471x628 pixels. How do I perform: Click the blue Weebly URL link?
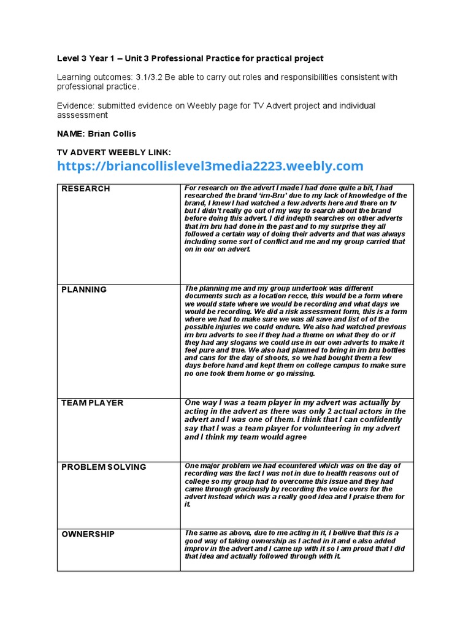(210, 166)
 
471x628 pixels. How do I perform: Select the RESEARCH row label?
(86, 189)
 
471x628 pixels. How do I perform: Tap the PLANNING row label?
(84, 289)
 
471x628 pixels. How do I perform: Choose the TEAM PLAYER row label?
(93, 403)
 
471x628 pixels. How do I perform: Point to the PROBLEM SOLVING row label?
(104, 467)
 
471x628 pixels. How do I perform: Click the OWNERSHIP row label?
(88, 534)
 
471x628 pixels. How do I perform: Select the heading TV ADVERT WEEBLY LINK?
(114, 151)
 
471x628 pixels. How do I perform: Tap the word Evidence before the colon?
(77, 106)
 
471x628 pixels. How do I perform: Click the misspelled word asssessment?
(82, 115)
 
